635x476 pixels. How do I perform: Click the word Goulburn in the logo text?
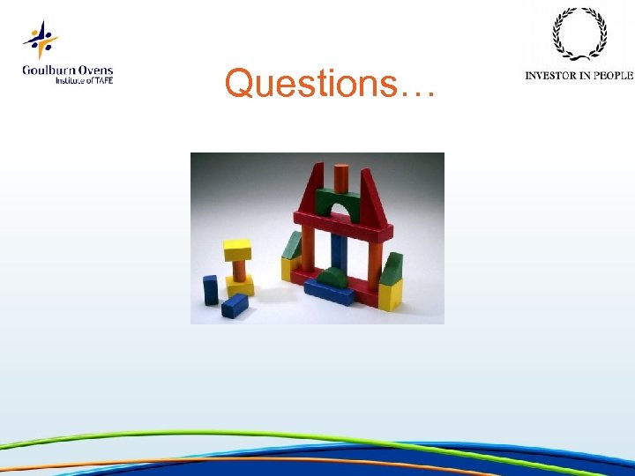click(x=48, y=71)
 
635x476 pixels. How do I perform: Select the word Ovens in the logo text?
click(x=94, y=71)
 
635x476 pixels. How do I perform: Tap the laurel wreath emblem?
click(x=579, y=34)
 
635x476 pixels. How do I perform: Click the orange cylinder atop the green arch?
click(x=342, y=176)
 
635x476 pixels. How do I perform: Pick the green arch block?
click(x=342, y=202)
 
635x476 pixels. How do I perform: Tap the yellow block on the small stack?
click(x=236, y=249)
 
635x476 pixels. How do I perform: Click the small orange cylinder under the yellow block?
click(x=237, y=269)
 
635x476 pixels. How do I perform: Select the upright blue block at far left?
click(x=210, y=289)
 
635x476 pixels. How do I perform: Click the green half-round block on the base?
click(x=333, y=277)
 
